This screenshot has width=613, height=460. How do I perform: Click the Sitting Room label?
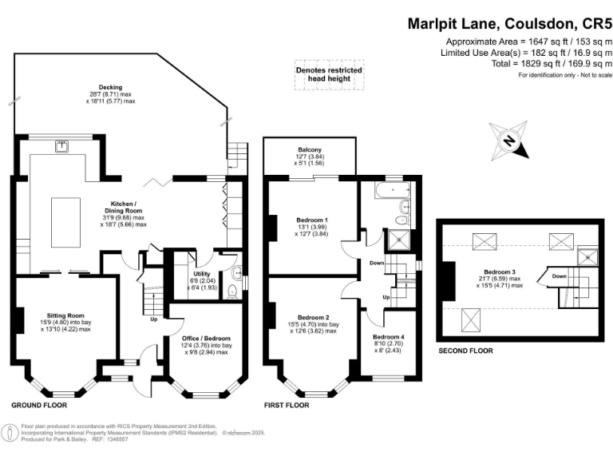65,315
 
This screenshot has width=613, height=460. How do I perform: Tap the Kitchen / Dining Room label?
123,207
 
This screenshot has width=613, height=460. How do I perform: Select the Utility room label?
202,274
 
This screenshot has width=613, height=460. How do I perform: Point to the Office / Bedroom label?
206,339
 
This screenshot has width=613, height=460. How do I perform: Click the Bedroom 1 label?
312,220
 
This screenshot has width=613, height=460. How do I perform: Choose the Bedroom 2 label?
313,317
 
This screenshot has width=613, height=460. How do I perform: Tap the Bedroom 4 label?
388,337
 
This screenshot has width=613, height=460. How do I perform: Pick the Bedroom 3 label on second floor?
499,272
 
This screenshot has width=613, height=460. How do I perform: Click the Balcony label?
310,149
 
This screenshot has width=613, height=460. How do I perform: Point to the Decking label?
110,87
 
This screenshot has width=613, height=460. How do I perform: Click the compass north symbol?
509,141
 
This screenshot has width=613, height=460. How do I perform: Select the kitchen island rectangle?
66,222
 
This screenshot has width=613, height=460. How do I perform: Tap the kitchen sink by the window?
61,146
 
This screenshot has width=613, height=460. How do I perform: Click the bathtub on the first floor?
392,190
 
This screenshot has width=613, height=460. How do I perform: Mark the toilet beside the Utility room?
232,291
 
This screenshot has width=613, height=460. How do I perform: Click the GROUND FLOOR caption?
39,405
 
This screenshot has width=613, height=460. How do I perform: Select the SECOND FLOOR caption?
465,351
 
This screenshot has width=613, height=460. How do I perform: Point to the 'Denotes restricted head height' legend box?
329,75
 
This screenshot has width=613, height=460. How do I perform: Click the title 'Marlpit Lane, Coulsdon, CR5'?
509,24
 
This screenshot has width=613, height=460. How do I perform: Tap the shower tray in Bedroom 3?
588,256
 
